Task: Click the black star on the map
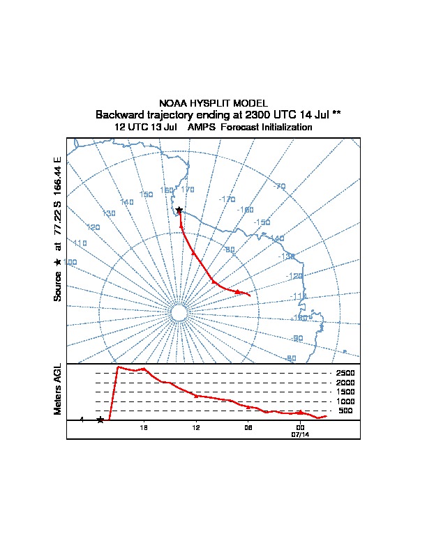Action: pos(179,210)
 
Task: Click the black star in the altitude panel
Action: pos(100,420)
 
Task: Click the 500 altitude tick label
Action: pos(346,411)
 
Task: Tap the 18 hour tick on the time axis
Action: pos(144,427)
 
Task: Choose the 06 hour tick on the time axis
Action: pos(248,427)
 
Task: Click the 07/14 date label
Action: pos(300,434)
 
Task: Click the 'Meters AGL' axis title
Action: pos(58,389)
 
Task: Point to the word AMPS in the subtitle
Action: pos(202,128)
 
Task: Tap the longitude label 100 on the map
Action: pos(70,262)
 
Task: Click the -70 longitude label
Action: pos(280,186)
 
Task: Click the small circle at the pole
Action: pos(179,314)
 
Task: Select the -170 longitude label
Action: pos(227,199)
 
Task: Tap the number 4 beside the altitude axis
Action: pos(82,420)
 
